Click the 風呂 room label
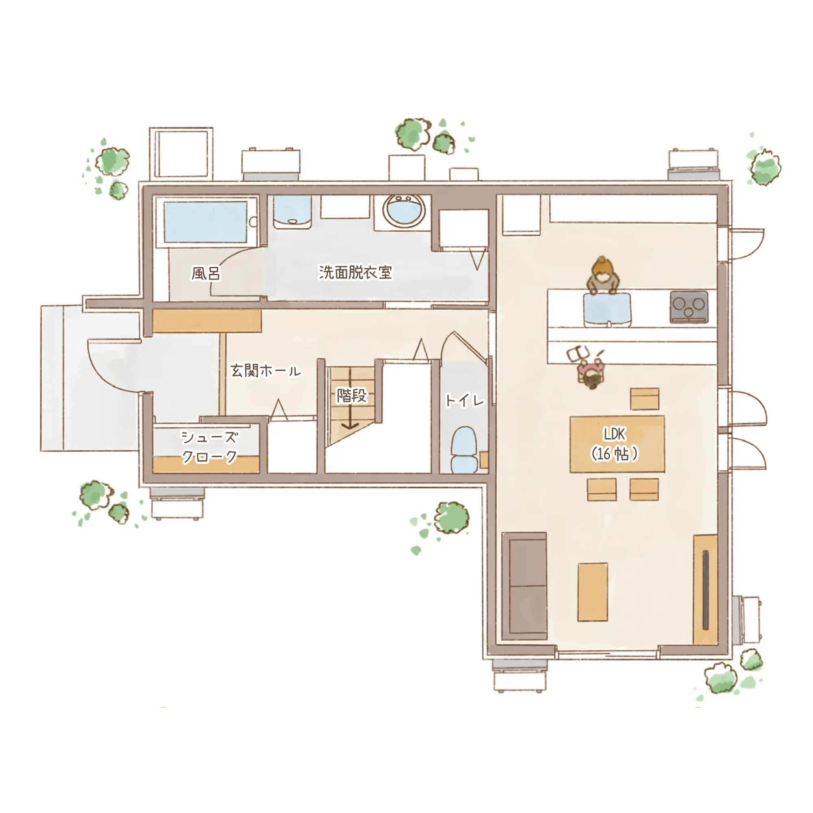click(x=206, y=274)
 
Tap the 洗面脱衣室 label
click(x=355, y=272)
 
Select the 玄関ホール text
click(x=265, y=371)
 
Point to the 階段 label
click(x=352, y=395)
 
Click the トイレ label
click(x=465, y=400)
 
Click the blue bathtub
click(x=205, y=222)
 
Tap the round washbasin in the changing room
click(x=403, y=212)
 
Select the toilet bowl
click(x=464, y=450)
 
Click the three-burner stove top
click(x=689, y=307)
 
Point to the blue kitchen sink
click(x=608, y=310)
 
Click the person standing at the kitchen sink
click(x=603, y=275)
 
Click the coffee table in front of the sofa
click(x=593, y=591)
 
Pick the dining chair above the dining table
click(x=644, y=398)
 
